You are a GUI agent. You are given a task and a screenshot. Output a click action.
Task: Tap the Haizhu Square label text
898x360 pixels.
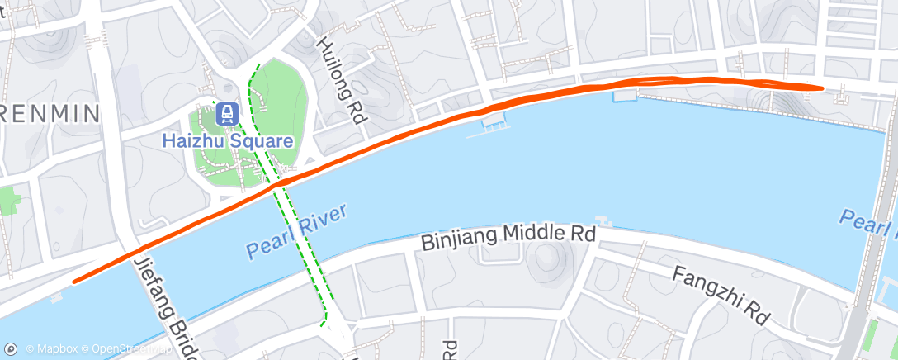(227, 140)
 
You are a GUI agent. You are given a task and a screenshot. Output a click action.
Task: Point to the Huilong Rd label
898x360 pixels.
(342, 79)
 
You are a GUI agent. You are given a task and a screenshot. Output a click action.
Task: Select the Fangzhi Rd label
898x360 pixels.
(720, 295)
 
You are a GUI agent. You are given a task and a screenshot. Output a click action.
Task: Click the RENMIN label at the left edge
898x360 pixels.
(50, 112)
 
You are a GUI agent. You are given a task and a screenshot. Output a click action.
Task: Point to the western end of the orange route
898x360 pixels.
(74, 282)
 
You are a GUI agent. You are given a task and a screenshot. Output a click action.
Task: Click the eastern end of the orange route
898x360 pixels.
(823, 87)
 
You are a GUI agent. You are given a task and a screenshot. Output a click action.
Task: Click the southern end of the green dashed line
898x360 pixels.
(324, 315)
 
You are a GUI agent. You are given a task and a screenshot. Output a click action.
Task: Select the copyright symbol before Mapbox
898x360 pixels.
(30, 349)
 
